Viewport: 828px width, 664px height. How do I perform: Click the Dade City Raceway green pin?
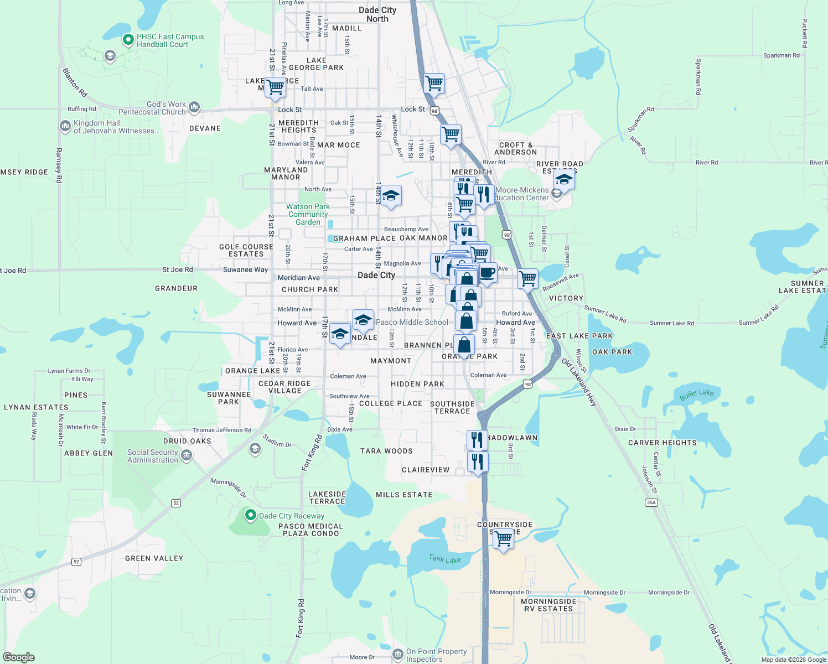point(250,516)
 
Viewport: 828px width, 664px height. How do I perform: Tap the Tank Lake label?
point(444,559)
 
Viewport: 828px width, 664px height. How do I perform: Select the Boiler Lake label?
point(697,395)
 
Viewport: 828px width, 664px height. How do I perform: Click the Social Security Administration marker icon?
point(187,455)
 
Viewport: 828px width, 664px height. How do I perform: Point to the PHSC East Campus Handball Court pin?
point(128,40)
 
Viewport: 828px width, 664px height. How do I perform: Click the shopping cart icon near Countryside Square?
point(504,538)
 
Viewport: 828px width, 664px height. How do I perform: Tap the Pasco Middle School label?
point(412,322)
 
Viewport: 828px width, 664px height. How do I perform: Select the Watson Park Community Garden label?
point(308,214)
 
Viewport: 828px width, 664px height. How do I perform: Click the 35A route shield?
point(651,502)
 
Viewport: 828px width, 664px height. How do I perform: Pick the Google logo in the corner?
point(19,657)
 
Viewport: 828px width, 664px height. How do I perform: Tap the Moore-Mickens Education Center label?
point(522,194)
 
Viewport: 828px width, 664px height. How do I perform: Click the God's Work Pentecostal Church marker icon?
point(194,107)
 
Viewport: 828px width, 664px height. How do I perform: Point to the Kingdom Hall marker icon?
point(65,126)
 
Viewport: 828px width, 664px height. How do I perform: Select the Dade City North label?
point(377,14)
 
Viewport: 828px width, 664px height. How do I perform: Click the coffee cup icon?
point(487,273)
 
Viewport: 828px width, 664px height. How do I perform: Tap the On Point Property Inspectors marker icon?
point(397,655)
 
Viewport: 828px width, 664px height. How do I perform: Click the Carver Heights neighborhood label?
point(662,443)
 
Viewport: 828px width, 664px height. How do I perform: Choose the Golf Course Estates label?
point(246,250)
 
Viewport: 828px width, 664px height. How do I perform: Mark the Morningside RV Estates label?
point(548,605)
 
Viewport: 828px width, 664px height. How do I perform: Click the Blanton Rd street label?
point(75,82)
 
